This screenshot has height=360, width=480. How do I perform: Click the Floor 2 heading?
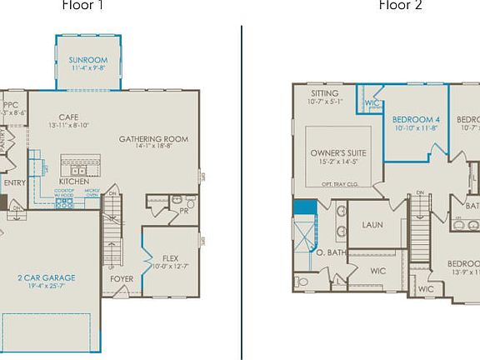click(x=400, y=5)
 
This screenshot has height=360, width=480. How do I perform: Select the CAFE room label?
click(x=68, y=117)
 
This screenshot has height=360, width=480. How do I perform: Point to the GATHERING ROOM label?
click(x=152, y=139)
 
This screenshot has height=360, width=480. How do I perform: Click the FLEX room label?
click(x=170, y=258)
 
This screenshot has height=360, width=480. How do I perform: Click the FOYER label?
click(x=122, y=279)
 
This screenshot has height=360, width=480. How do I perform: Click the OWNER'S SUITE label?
click(x=339, y=153)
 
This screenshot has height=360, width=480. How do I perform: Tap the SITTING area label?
click(x=324, y=94)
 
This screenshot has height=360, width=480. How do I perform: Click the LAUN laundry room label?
click(x=372, y=225)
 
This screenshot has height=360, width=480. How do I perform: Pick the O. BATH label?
click(x=330, y=252)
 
